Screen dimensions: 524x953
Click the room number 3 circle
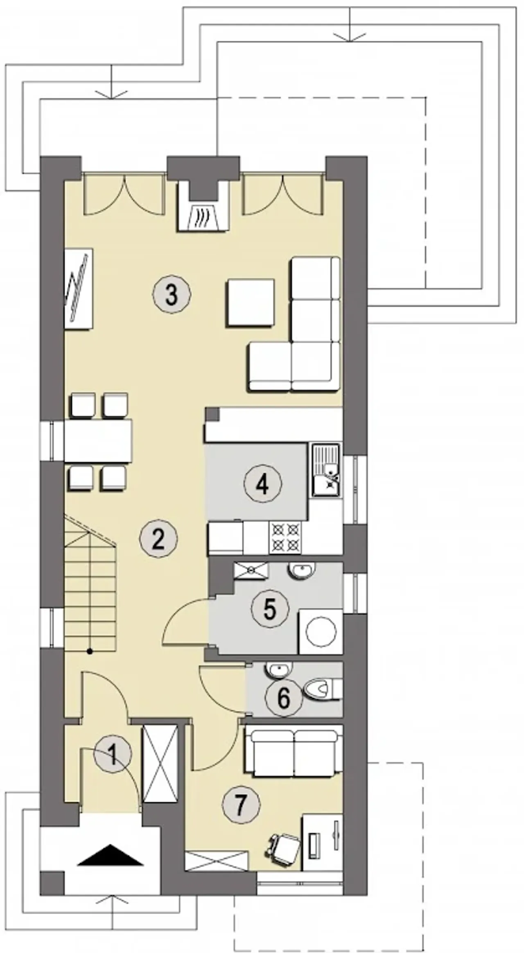172,294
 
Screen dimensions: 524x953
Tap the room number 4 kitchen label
262,485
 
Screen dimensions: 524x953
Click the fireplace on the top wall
203,206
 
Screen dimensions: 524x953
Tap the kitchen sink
326,471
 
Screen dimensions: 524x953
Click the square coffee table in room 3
250,303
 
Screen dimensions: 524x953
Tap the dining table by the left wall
98,441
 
